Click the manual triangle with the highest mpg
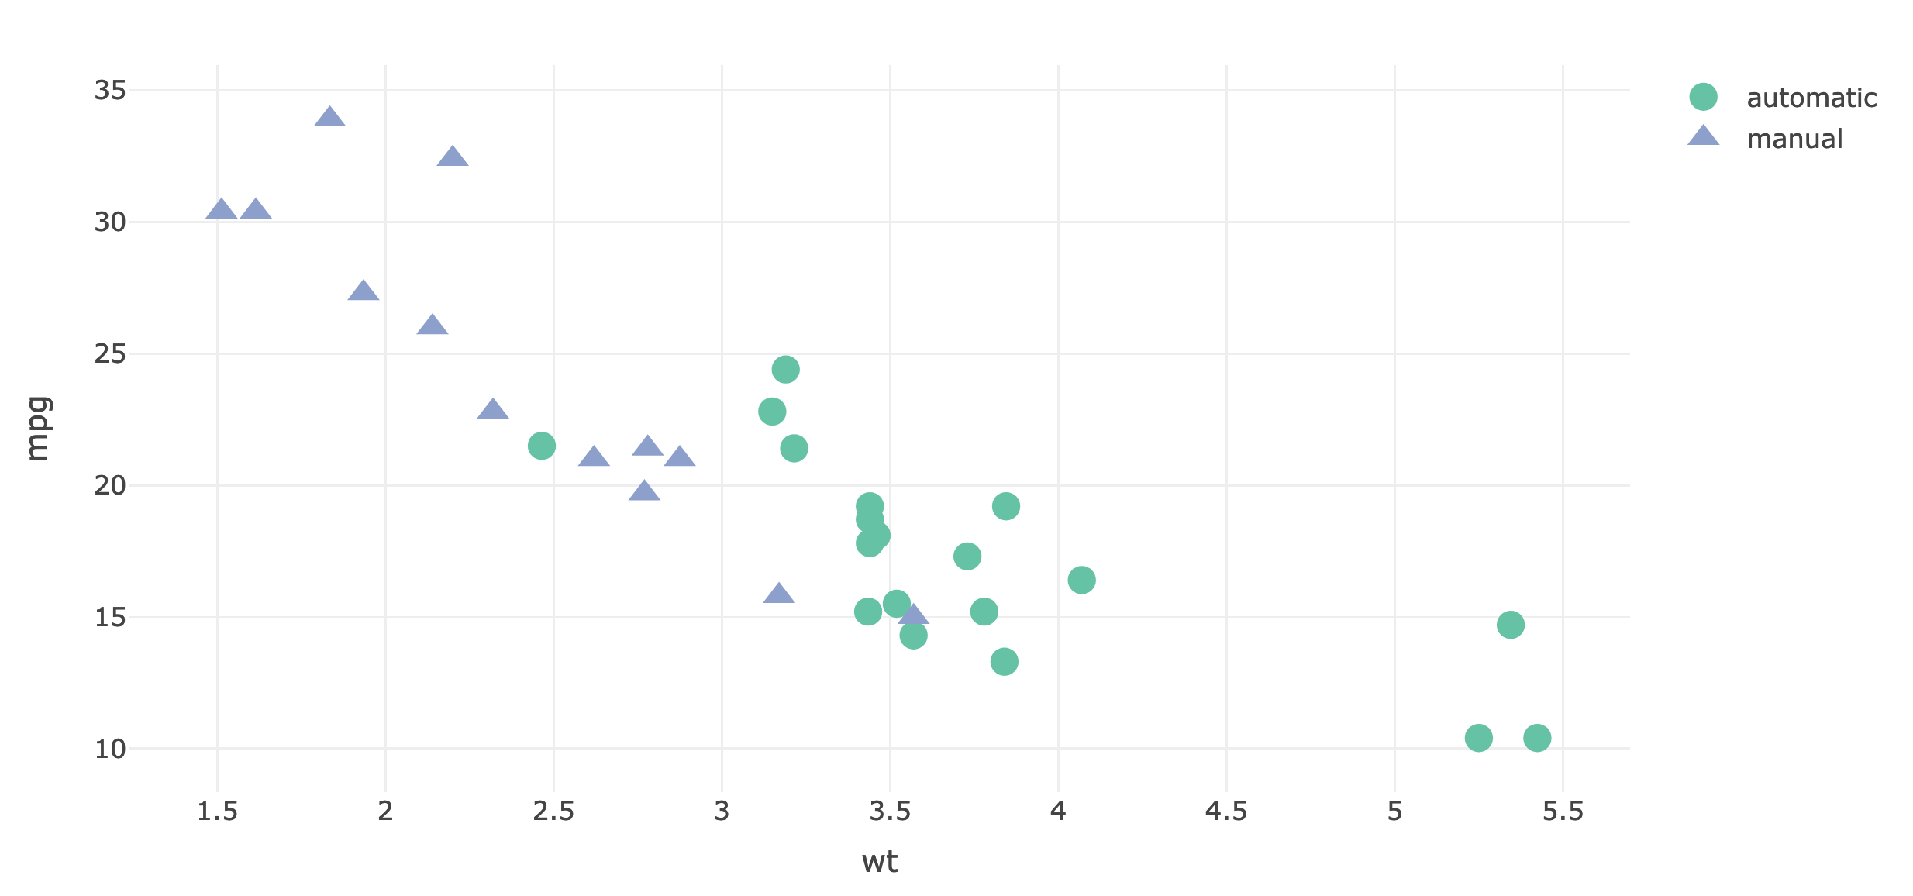click(x=329, y=118)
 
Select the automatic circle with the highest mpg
click(x=785, y=370)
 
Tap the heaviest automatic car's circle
click(x=1536, y=738)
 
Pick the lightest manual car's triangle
click(x=221, y=209)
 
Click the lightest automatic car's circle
click(x=541, y=446)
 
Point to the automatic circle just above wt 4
click(x=1081, y=580)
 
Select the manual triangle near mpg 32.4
click(x=453, y=157)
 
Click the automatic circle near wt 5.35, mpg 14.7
click(x=1510, y=625)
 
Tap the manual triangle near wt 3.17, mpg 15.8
click(x=779, y=594)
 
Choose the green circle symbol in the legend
click(x=1703, y=97)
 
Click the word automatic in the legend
click(x=1811, y=98)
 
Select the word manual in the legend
click(x=1794, y=139)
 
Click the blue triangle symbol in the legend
click(x=1703, y=137)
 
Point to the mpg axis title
click(x=37, y=428)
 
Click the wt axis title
click(x=879, y=862)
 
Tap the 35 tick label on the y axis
click(x=109, y=91)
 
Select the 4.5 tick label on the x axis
click(x=1225, y=811)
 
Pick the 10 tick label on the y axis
click(x=109, y=749)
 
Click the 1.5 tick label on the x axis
click(x=217, y=811)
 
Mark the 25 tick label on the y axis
click(x=109, y=354)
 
